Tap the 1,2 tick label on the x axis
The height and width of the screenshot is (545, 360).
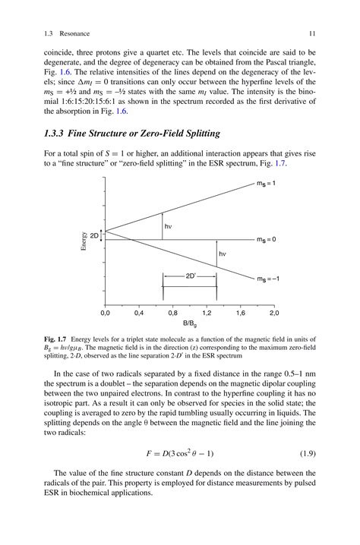click(x=207, y=313)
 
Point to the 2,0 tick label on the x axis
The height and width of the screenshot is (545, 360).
click(x=273, y=313)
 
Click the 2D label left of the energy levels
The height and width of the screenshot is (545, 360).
click(x=94, y=236)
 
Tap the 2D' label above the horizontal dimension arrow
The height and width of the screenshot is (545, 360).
click(x=191, y=278)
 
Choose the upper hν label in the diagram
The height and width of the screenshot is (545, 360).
click(x=168, y=226)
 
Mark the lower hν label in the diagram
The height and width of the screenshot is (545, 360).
click(x=223, y=254)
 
